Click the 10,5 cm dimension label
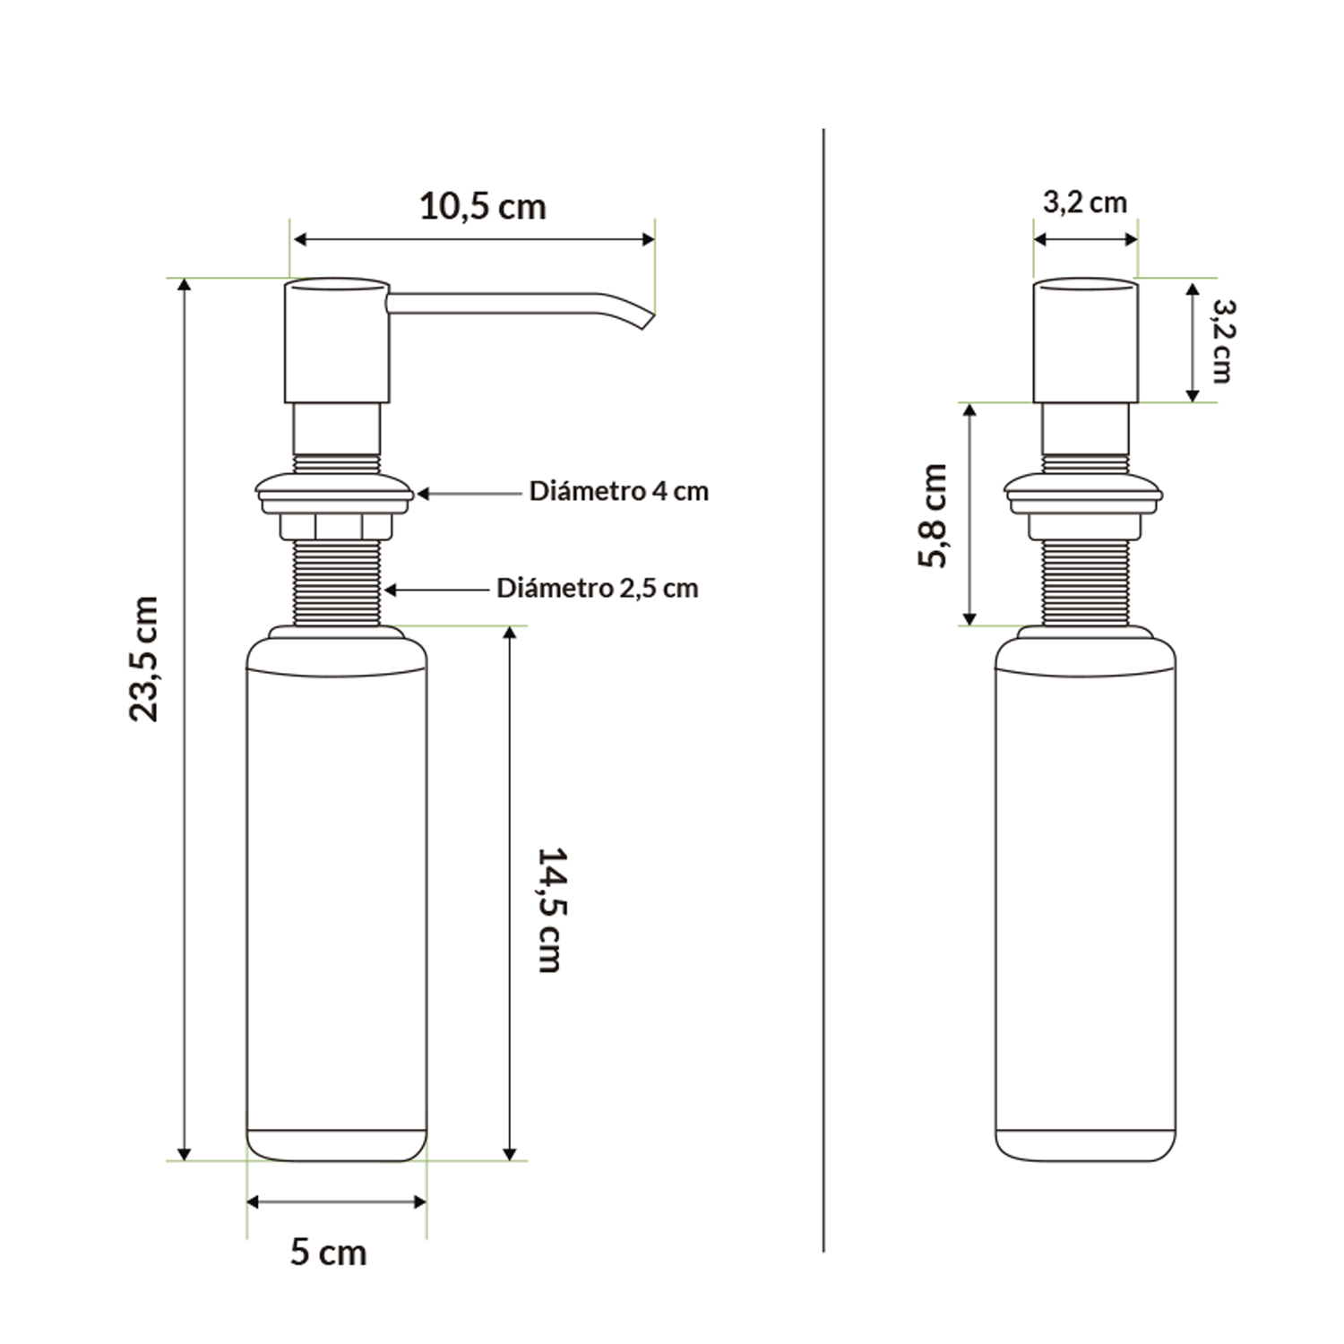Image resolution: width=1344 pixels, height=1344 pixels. (482, 207)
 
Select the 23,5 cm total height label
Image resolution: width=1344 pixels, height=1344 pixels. (144, 659)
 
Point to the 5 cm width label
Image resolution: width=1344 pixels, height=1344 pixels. (328, 1253)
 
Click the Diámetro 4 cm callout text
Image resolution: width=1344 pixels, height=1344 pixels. (618, 492)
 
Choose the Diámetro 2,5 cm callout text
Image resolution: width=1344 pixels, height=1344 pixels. (597, 589)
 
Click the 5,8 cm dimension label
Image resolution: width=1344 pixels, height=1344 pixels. (933, 515)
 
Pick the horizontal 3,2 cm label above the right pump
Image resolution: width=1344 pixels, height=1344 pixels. (1084, 202)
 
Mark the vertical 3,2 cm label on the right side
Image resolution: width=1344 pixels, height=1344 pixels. (1222, 340)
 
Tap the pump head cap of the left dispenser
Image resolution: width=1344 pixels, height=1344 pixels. (337, 340)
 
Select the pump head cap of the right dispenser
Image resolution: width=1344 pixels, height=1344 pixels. (1085, 340)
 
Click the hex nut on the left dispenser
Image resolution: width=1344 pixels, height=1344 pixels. (336, 525)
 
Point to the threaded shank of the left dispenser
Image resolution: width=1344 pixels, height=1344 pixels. (336, 582)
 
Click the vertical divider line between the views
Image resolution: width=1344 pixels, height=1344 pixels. (823, 690)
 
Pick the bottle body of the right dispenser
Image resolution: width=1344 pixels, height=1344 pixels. (1085, 896)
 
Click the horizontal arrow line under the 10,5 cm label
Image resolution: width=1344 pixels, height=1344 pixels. (475, 239)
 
